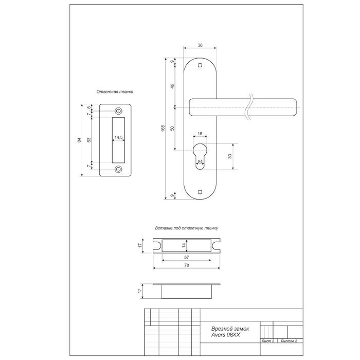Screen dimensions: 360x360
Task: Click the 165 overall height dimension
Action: click(x=163, y=128)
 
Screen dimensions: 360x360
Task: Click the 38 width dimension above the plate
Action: click(x=200, y=45)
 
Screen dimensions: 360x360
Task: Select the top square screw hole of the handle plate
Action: click(x=200, y=65)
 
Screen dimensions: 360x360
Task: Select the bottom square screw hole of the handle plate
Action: click(x=200, y=192)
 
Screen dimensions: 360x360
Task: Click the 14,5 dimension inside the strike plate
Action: click(x=119, y=137)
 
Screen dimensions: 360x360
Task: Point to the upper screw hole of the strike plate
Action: click(x=118, y=111)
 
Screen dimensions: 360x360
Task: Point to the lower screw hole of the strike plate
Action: click(x=118, y=169)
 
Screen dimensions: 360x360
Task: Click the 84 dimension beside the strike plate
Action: click(x=79, y=140)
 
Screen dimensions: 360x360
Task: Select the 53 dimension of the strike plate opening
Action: click(x=89, y=140)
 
